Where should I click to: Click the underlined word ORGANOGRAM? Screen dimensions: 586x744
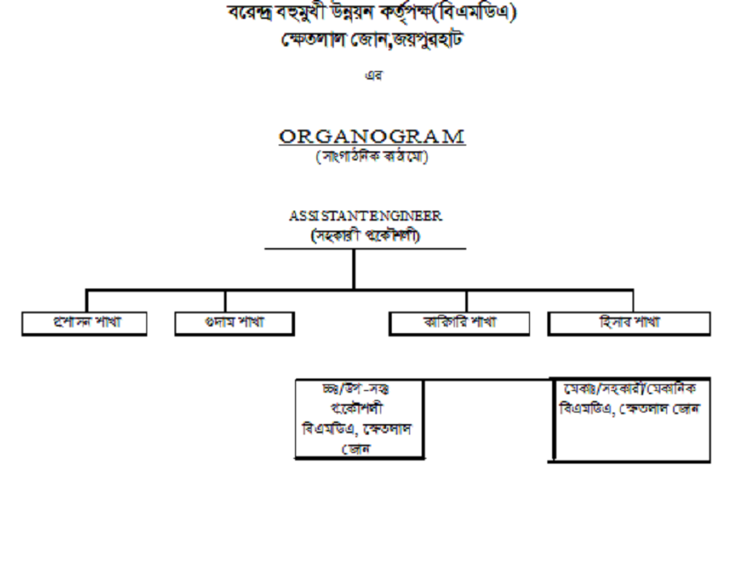point(371,136)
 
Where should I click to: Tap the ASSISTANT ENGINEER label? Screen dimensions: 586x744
point(365,216)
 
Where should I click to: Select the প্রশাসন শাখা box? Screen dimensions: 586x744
point(84,323)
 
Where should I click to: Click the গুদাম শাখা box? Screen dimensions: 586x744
point(234,323)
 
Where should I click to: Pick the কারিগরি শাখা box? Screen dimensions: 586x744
point(459,323)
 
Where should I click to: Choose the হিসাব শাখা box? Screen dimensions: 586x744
point(629,322)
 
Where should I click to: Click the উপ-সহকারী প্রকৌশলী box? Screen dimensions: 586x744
point(360,418)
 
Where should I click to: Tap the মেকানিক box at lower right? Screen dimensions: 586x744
point(632,419)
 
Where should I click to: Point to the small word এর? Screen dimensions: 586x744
point(372,75)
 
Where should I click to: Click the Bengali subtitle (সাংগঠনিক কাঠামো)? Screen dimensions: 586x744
point(371,157)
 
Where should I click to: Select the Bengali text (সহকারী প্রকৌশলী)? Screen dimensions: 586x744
point(365,235)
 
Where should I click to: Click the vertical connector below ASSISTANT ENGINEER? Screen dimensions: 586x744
point(354,269)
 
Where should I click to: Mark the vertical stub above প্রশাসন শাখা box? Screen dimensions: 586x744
point(87,300)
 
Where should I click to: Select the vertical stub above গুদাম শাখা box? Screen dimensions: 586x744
point(225,300)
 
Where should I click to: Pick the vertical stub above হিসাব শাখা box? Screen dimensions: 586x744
point(632,300)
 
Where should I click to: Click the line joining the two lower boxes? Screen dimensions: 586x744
point(488,380)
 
